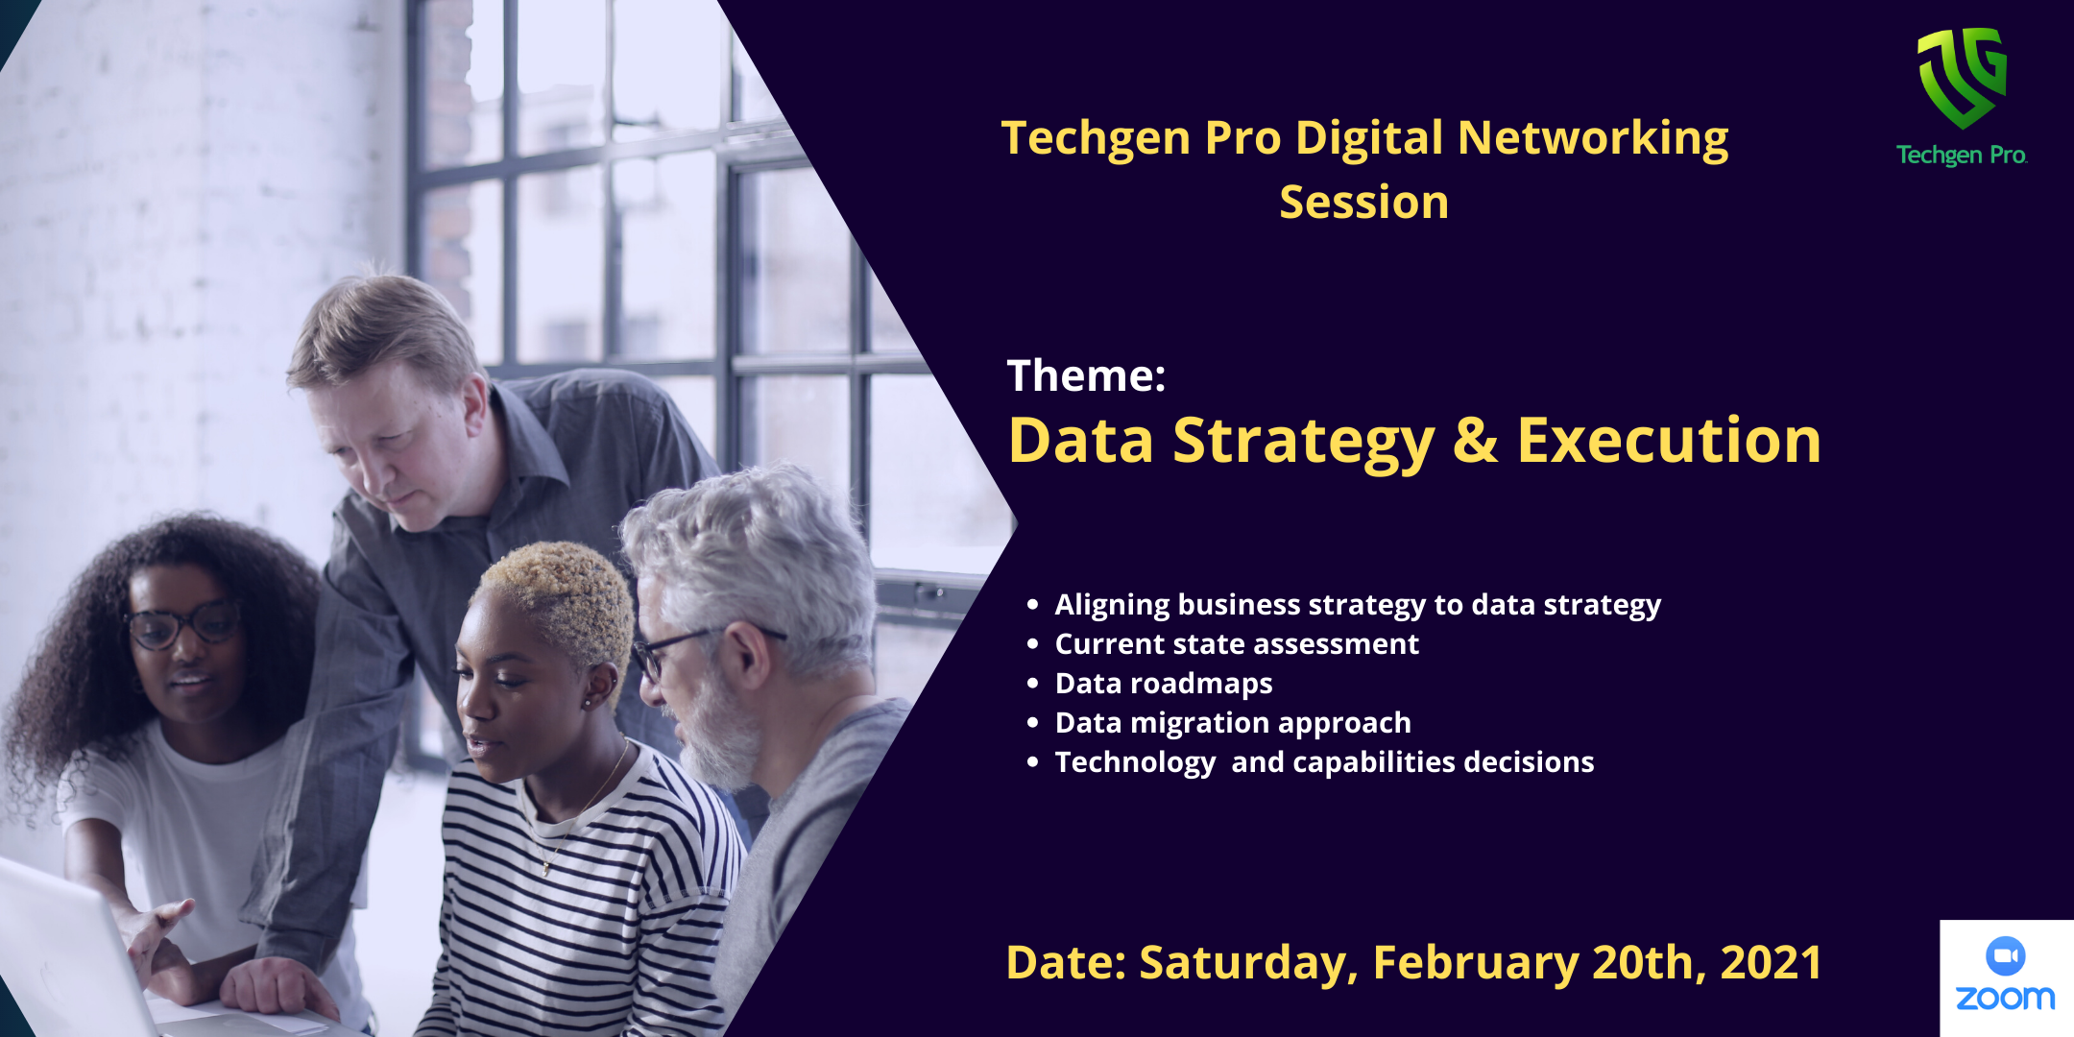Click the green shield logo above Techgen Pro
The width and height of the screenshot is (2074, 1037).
[x=1962, y=78]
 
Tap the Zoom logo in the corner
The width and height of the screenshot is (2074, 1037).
[x=2006, y=974]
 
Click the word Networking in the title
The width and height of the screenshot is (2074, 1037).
[x=1593, y=137]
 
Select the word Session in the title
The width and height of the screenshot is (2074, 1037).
[x=1364, y=203]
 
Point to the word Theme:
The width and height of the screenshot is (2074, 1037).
[x=1086, y=375]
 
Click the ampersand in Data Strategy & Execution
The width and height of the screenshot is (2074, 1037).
[x=1475, y=441]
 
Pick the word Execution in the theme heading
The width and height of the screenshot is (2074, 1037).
[x=1669, y=441]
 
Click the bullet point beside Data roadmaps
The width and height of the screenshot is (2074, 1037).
[x=1033, y=684]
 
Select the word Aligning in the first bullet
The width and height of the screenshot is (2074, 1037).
[x=1112, y=606]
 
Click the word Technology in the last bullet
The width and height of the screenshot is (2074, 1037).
[x=1135, y=763]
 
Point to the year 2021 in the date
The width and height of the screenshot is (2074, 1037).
[x=1771, y=963]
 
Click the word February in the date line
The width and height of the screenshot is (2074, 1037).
[x=1475, y=964]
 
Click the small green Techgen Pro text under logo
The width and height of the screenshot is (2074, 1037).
[x=1962, y=156]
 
